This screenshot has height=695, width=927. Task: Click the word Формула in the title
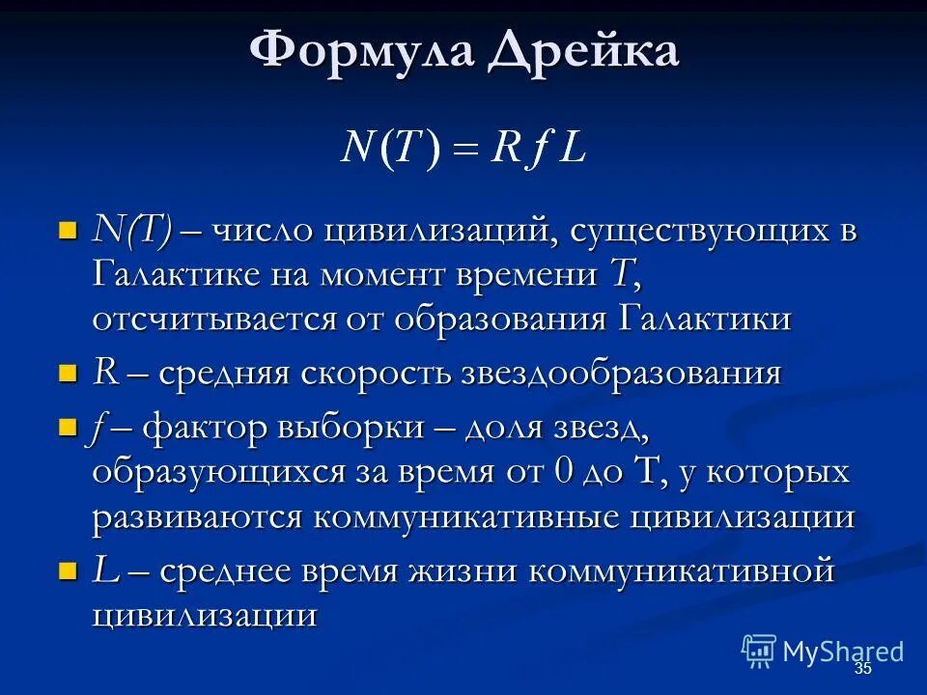tap(362, 51)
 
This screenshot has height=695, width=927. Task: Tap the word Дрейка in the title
tap(582, 51)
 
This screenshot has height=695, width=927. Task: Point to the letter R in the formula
tap(508, 148)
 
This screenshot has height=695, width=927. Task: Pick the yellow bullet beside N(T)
tap(68, 231)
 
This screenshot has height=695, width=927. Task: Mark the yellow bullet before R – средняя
tap(68, 373)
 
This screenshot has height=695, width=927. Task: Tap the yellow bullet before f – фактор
tap(68, 428)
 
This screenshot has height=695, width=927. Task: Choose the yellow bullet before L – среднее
tap(68, 570)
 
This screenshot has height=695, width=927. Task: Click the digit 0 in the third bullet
tap(565, 473)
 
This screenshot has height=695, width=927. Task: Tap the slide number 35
tap(862, 669)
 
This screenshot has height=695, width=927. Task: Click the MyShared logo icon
tap(759, 651)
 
